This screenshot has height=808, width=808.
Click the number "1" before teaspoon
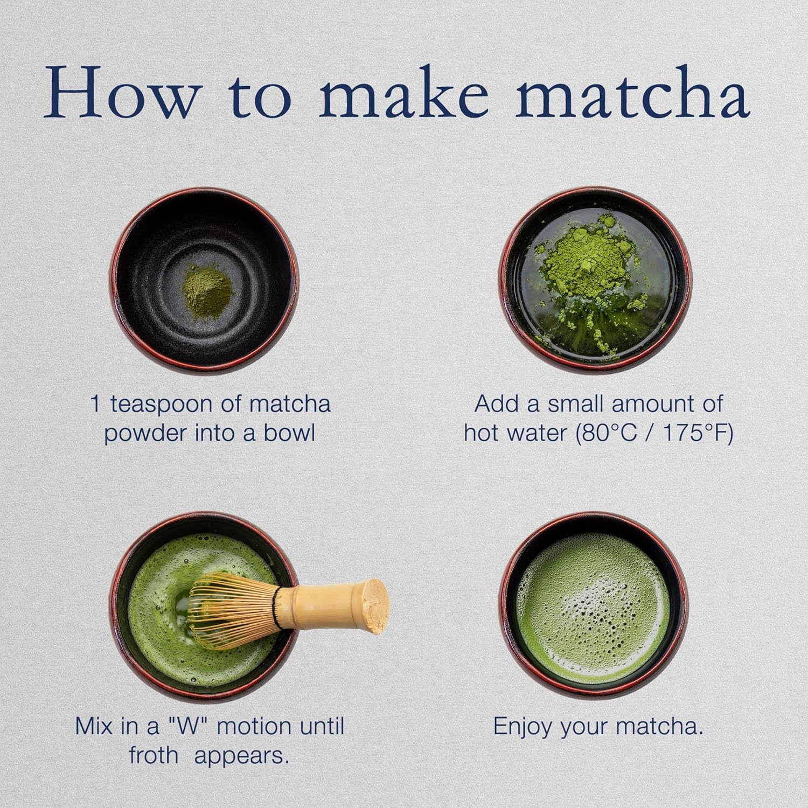96,404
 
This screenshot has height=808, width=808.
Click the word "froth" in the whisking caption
154,756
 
